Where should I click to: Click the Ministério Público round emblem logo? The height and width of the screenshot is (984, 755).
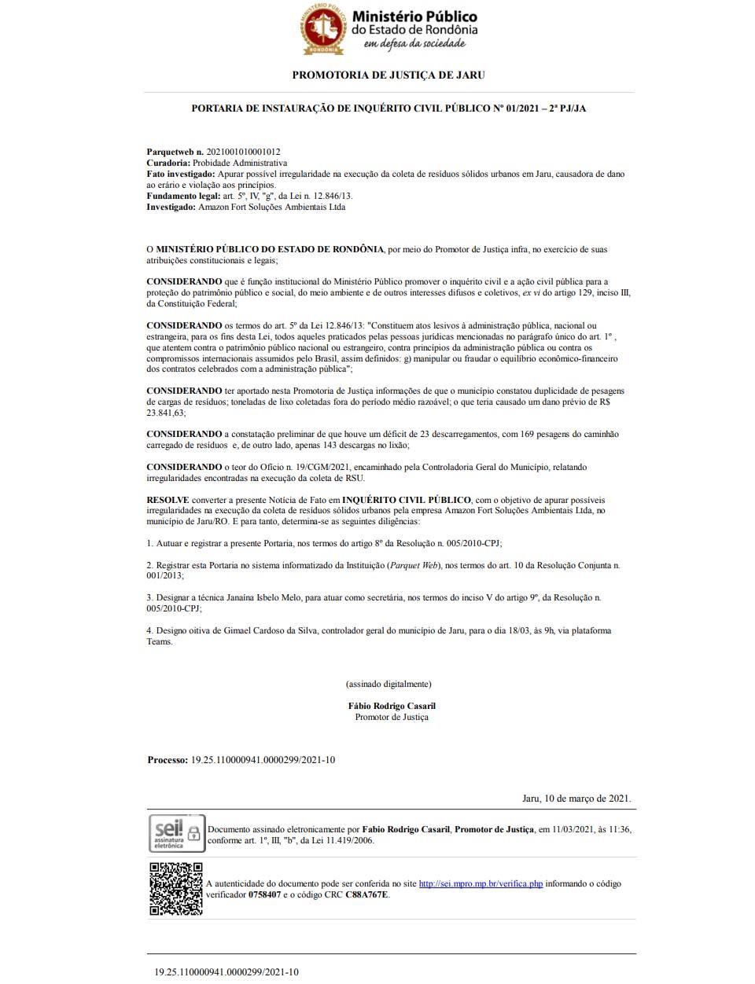click(x=322, y=29)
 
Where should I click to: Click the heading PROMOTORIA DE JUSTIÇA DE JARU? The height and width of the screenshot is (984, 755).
click(x=389, y=75)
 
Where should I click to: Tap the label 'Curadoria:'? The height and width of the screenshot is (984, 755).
click(x=168, y=163)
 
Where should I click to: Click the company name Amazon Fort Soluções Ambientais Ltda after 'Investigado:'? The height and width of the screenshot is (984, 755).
click(x=271, y=207)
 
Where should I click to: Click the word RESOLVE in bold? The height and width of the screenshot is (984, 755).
click(x=168, y=499)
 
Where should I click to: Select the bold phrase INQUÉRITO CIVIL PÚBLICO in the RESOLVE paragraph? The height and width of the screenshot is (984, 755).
click(x=407, y=499)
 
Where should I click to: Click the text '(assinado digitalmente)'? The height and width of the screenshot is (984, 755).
click(x=389, y=684)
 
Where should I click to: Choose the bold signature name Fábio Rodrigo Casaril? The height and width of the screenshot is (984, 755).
click(x=392, y=706)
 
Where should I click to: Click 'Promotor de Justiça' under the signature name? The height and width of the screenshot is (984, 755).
click(x=392, y=717)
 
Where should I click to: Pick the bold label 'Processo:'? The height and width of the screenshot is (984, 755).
click(x=168, y=760)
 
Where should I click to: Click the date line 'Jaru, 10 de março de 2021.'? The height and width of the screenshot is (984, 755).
click(x=576, y=799)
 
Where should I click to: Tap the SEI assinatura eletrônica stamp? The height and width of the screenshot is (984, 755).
click(x=177, y=834)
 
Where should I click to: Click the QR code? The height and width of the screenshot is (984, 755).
click(x=176, y=889)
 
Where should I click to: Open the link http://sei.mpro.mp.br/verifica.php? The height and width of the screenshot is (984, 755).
click(x=481, y=883)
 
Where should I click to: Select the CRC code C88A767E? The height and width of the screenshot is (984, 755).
click(x=366, y=894)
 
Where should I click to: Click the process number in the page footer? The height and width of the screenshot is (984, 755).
click(x=226, y=972)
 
